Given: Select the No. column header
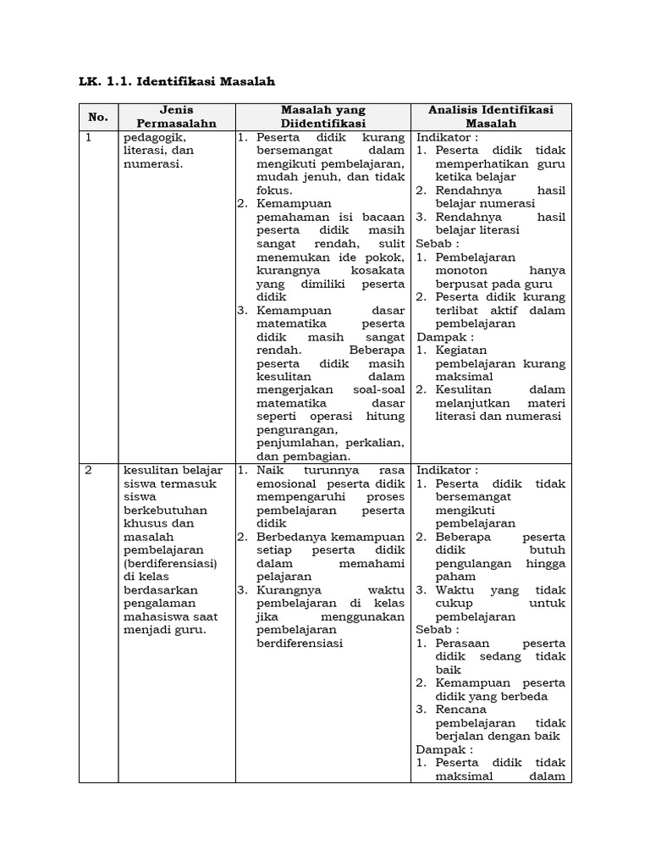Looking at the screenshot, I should click(100, 117).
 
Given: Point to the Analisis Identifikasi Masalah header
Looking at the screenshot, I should click(491, 117).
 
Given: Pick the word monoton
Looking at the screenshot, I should click(465, 270).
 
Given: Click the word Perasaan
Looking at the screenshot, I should click(464, 643).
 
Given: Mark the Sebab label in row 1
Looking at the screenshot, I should click(435, 243).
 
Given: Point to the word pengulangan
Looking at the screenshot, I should click(476, 563).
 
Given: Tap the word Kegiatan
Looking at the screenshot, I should click(463, 350).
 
